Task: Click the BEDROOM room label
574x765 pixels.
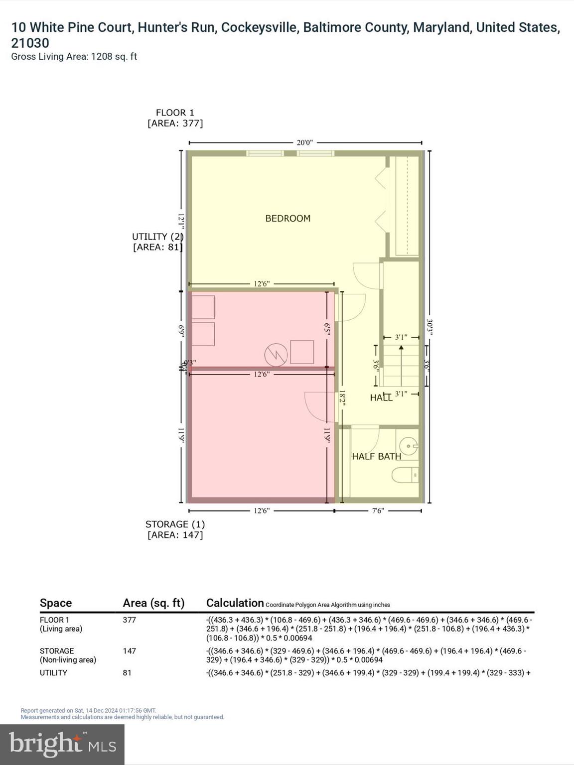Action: click(x=287, y=218)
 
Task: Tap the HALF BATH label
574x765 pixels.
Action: click(x=376, y=456)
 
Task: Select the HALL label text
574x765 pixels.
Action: click(x=381, y=397)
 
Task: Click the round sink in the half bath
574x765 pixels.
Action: click(x=409, y=446)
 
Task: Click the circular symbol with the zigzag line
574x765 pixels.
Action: click(x=276, y=355)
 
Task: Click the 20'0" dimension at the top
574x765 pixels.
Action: click(x=304, y=142)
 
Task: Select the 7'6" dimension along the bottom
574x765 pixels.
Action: click(x=378, y=510)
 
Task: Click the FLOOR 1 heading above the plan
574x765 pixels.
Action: click(x=175, y=113)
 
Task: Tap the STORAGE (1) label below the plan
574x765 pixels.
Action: click(x=175, y=524)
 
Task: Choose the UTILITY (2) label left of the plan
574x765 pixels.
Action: click(x=157, y=237)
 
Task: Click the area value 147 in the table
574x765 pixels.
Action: click(x=130, y=651)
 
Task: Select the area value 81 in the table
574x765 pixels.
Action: click(x=127, y=673)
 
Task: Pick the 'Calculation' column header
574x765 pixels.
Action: click(x=235, y=603)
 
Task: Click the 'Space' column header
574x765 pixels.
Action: click(x=56, y=603)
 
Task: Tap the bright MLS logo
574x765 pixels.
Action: click(x=62, y=744)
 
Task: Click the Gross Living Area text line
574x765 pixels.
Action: click(x=74, y=57)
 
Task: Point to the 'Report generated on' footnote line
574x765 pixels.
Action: click(x=88, y=710)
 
